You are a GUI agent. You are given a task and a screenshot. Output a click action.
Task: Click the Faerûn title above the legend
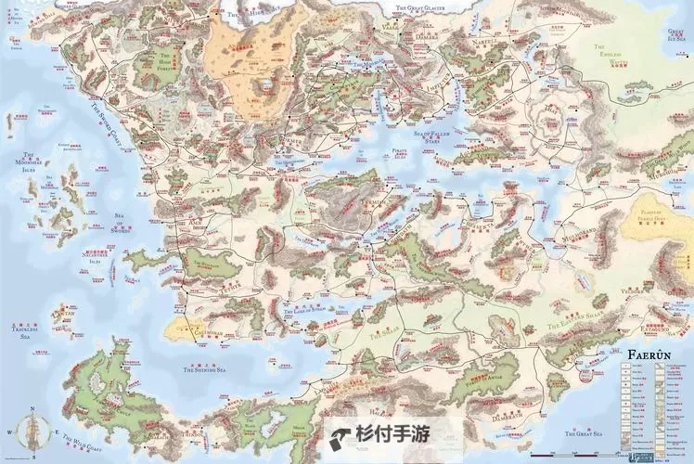pos(649,354)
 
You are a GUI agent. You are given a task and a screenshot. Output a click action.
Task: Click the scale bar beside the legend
pos(574,454)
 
